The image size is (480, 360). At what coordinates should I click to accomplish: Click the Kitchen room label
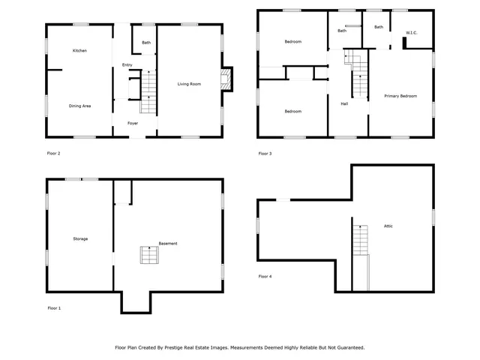[x=80, y=50]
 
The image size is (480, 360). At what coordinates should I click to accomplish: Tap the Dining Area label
[x=80, y=106]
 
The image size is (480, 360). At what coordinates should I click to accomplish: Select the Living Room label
[x=189, y=84]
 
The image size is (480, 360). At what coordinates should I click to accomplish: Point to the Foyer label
[x=132, y=123]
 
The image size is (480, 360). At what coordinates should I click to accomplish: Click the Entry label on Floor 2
[x=127, y=65]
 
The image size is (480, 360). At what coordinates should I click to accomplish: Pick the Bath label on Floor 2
[x=146, y=43]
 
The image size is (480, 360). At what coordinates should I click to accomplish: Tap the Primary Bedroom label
[x=400, y=96]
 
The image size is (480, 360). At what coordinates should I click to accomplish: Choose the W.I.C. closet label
[x=411, y=33]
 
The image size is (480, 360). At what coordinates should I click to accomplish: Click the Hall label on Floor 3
[x=344, y=103]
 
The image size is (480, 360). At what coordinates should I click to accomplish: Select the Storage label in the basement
[x=80, y=238]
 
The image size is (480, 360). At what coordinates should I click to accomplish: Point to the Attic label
[x=388, y=226]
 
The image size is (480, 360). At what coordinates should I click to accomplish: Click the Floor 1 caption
[x=54, y=308]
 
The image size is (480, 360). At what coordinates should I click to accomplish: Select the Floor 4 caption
[x=265, y=277]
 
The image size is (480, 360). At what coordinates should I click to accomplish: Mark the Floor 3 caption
[x=265, y=154]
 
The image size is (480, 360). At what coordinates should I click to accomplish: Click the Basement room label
[x=168, y=244]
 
